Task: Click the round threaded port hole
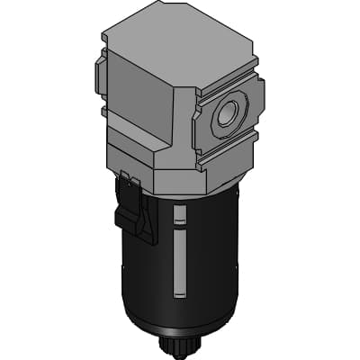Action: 226,115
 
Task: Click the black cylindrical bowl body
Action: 207,261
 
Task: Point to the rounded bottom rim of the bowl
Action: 180,324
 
